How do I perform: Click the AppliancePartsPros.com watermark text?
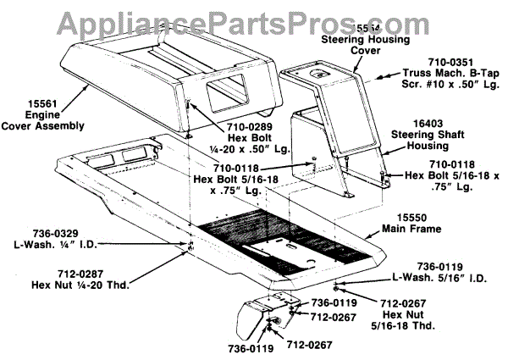click(253, 14)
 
